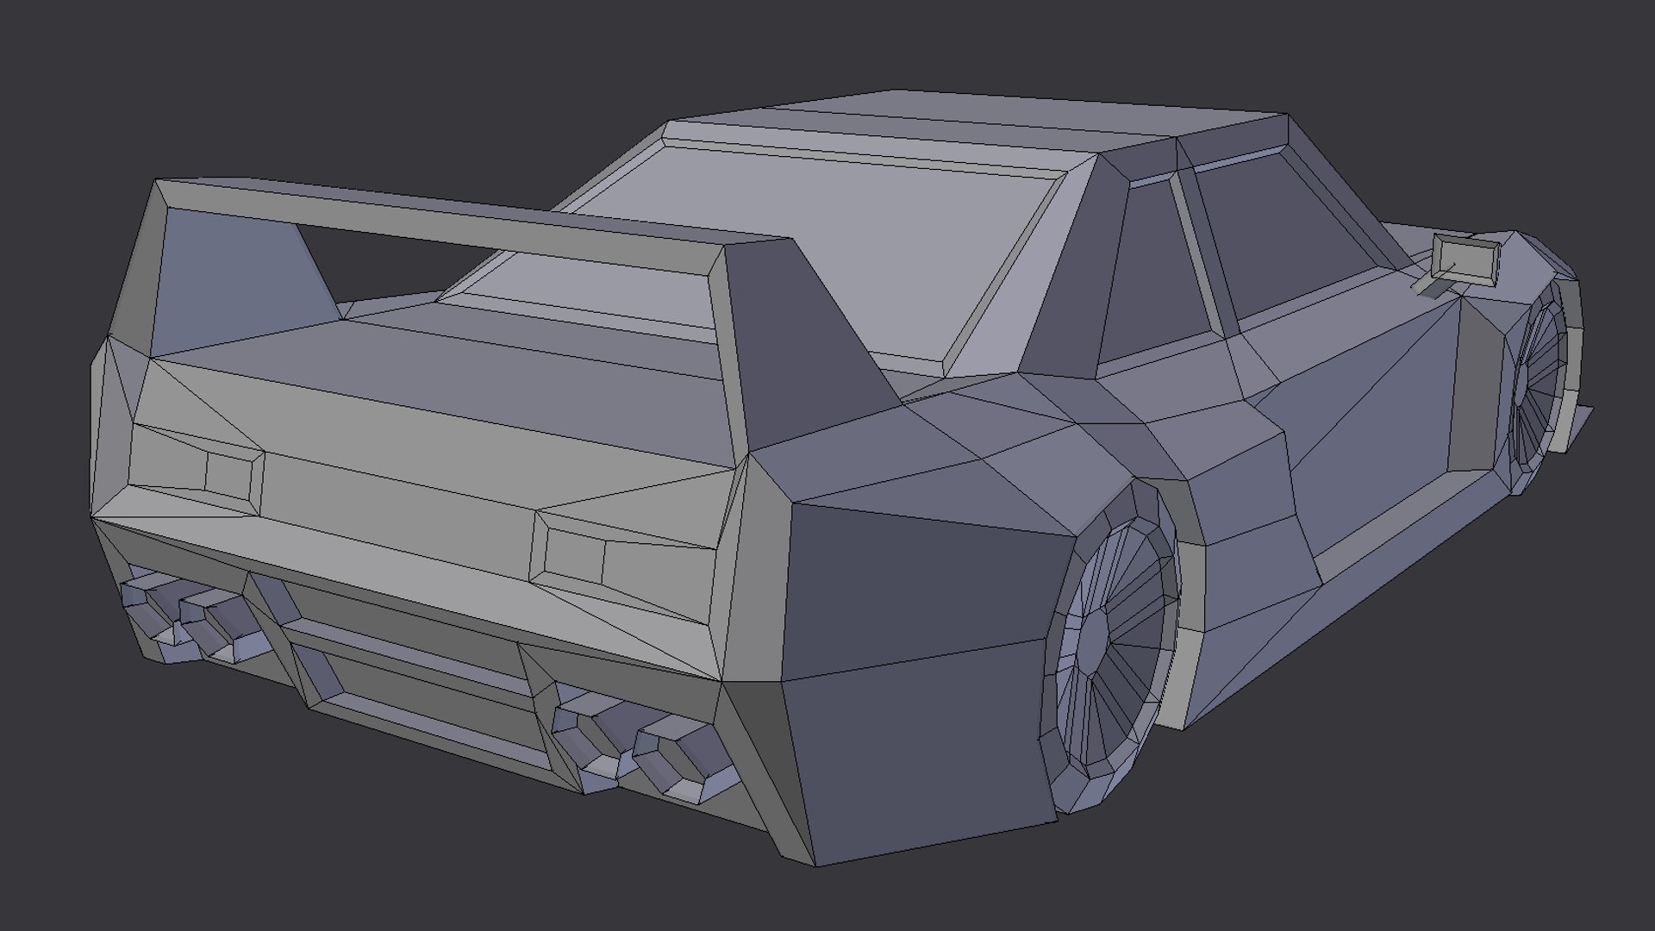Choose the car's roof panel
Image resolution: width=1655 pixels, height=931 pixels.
click(974, 125)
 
